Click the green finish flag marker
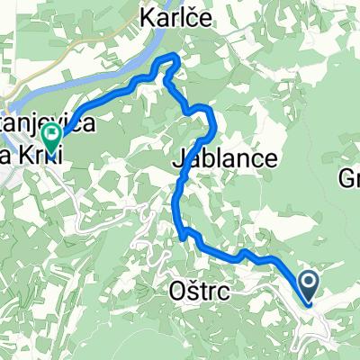[x=51, y=138]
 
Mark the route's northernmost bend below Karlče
[x=169, y=58]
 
